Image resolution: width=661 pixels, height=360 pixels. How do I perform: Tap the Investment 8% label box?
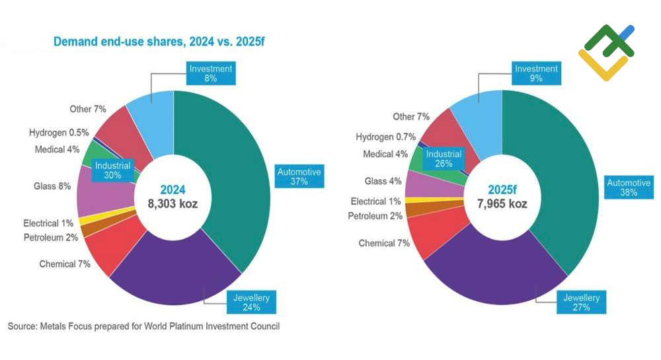coord(211,73)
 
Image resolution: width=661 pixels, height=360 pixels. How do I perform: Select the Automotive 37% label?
coord(299,176)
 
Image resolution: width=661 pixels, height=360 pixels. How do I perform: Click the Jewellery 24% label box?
coord(251,302)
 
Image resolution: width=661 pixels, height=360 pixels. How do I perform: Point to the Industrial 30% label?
coord(112,170)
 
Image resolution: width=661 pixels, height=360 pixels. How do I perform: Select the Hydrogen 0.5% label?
coord(59,133)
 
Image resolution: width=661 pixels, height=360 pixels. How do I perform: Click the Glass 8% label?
coord(52,186)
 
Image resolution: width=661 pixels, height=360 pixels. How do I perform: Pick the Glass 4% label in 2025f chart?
coord(383,181)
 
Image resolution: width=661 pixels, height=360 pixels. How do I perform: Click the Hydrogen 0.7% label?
coord(386,137)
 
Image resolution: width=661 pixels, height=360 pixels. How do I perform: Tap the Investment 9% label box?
coord(536,73)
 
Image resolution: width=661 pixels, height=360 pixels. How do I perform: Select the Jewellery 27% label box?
coord(581,302)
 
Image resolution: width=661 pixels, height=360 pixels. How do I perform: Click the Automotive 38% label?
coord(629,188)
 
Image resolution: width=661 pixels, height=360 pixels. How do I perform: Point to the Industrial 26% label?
coord(443,159)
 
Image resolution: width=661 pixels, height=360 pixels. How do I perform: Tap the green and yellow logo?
coord(606,53)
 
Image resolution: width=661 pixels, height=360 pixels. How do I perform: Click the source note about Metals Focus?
coord(143,326)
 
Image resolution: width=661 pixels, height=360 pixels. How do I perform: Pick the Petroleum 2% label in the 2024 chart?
coord(51,237)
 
